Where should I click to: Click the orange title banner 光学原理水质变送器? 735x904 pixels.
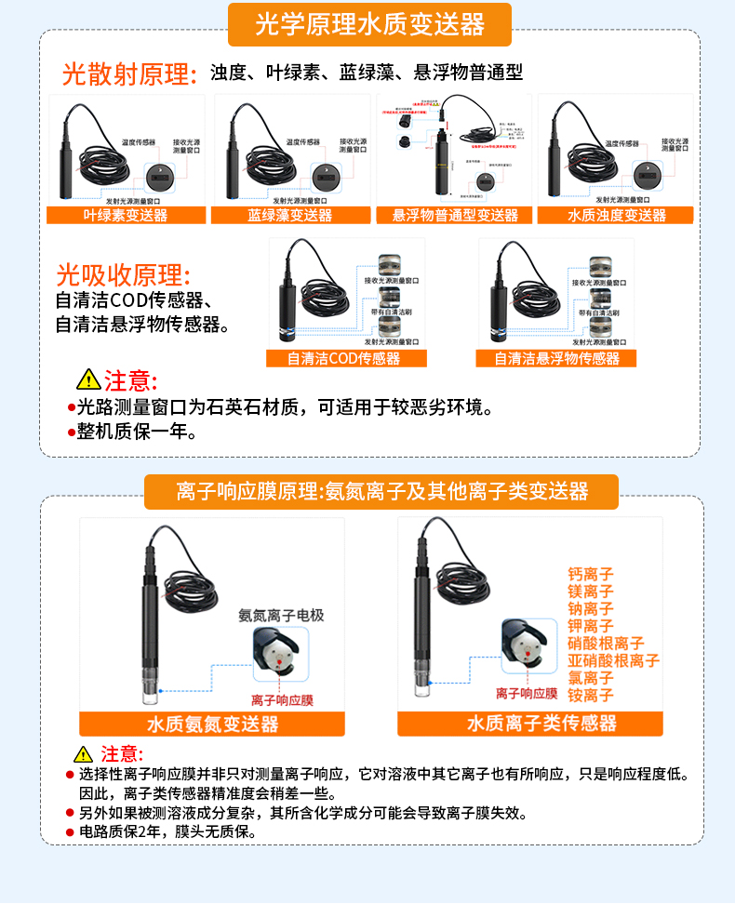coord(369,25)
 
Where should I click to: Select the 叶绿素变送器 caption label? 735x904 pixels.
coord(126,215)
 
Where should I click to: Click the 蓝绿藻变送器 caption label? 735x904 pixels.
coord(289,215)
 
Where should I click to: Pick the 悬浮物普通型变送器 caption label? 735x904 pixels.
coord(454,215)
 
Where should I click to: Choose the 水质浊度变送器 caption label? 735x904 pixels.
coord(616,215)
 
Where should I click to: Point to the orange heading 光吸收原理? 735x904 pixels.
coord(123,276)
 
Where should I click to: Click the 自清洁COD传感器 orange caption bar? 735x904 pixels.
coord(346,358)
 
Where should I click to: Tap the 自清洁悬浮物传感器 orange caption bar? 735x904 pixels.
coord(556,358)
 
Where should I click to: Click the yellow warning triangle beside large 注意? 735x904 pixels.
coord(87,380)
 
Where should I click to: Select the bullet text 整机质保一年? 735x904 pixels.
coord(136,432)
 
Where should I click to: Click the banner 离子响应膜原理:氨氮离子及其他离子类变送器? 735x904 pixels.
coord(381,492)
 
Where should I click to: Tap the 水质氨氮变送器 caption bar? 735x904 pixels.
coord(212,724)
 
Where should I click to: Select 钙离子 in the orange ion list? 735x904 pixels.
coord(591,575)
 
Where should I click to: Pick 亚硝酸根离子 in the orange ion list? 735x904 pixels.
coord(613,660)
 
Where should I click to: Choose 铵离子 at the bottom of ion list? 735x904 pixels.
coord(591,695)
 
